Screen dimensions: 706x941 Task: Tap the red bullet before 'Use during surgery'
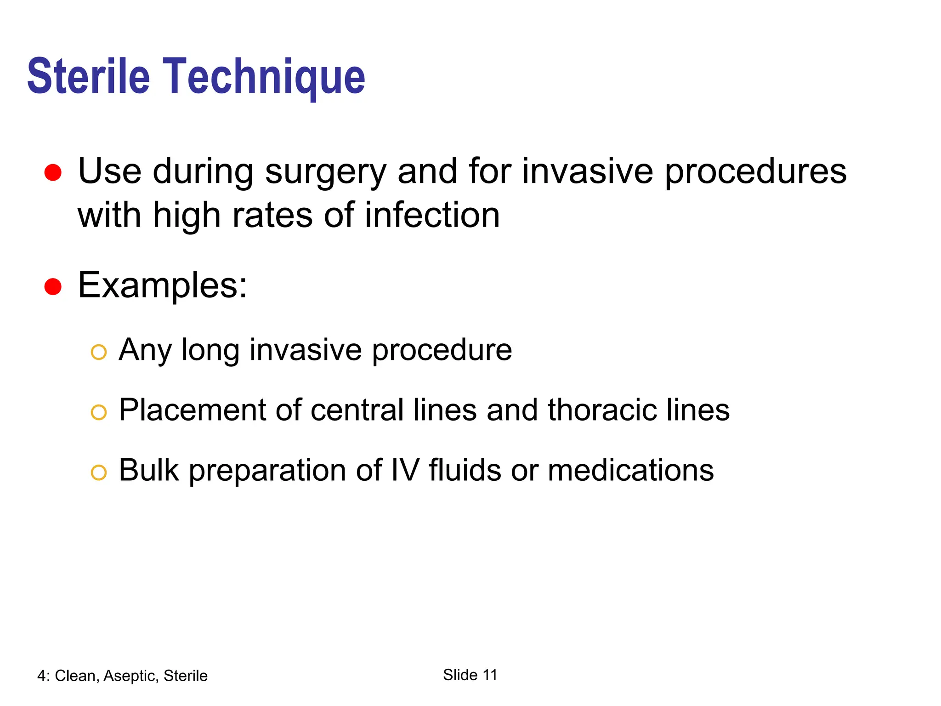tap(53, 173)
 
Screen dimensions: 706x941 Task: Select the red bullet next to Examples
tap(53, 287)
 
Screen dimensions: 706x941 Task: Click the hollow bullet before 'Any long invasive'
tap(99, 353)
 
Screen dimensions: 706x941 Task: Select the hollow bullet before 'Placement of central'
tap(99, 412)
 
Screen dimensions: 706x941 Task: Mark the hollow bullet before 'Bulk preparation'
tap(99, 473)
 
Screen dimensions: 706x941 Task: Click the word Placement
tap(192, 410)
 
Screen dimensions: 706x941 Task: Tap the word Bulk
tap(148, 470)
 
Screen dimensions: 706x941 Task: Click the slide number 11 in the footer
tap(490, 675)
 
